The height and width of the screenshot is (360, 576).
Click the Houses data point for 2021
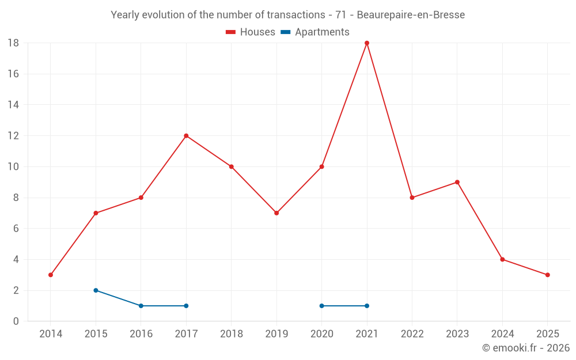(367, 43)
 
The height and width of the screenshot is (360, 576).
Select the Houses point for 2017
(186, 136)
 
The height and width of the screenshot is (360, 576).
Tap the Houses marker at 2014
(51, 275)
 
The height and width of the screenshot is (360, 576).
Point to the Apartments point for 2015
(96, 290)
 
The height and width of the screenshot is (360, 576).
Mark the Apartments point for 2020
(321, 306)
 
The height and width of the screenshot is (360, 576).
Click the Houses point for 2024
(502, 259)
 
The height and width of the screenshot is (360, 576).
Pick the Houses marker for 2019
(276, 213)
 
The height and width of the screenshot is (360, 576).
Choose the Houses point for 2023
(457, 182)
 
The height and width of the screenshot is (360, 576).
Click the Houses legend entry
(251, 32)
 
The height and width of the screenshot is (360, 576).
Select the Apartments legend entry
(315, 32)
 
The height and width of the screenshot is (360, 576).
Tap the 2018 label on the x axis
(231, 334)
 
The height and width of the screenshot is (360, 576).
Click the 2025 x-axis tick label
(547, 334)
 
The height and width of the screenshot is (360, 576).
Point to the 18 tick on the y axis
(14, 43)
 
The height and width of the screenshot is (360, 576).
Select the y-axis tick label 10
(14, 167)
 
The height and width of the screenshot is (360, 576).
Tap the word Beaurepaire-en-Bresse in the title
(411, 15)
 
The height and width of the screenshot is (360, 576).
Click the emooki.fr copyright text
(526, 348)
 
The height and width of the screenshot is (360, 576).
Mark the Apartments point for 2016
(141, 306)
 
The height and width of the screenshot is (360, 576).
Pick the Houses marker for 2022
(412, 198)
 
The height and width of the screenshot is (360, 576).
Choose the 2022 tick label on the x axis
(412, 334)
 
